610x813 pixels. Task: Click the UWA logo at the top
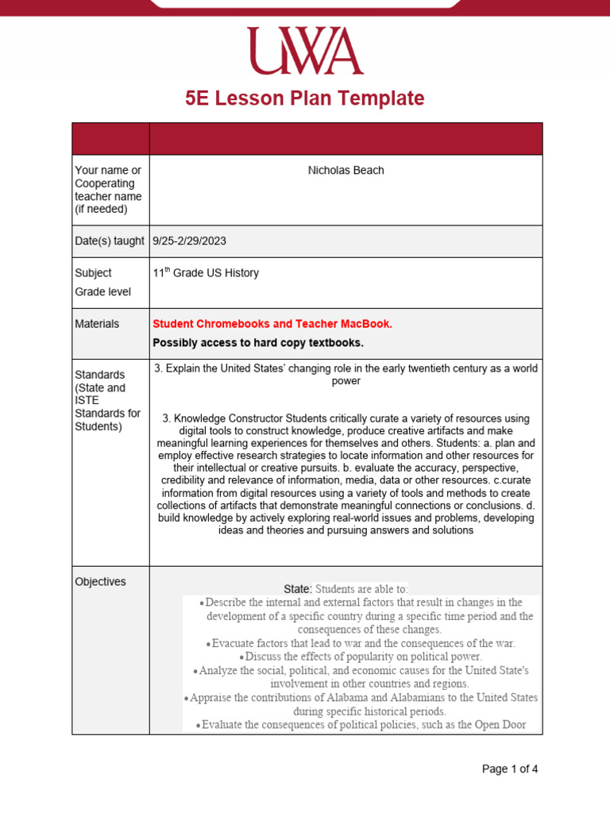(305, 52)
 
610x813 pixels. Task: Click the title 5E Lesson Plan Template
(305, 98)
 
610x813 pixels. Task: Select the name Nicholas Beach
(346, 171)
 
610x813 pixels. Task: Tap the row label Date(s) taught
(110, 241)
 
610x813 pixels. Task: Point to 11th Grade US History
(206, 273)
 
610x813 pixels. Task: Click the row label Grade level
(103, 292)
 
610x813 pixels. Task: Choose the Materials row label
(97, 324)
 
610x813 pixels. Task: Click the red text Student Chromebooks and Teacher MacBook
(272, 324)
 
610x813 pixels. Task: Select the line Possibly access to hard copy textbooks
(258, 343)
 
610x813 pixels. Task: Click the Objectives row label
(100, 582)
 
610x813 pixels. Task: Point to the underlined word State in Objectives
(297, 589)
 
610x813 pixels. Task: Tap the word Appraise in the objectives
(213, 697)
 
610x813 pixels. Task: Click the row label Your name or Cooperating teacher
(108, 190)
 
